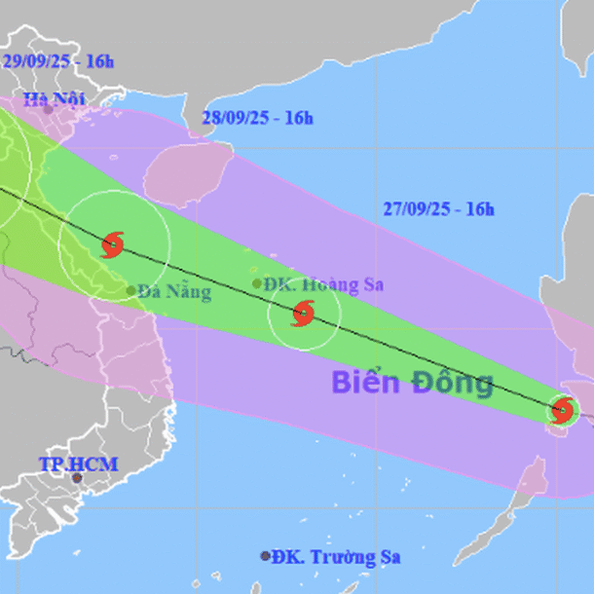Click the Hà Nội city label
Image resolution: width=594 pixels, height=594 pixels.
pyautogui.click(x=55, y=97)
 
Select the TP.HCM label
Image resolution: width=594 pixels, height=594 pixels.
pyautogui.click(x=78, y=464)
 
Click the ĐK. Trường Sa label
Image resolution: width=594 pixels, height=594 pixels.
pyautogui.click(x=336, y=557)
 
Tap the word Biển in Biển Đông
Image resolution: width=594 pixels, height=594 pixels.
pyautogui.click(x=367, y=382)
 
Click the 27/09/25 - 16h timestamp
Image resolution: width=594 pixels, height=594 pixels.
pyautogui.click(x=438, y=208)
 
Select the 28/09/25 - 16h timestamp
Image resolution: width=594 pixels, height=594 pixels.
pyautogui.click(x=257, y=118)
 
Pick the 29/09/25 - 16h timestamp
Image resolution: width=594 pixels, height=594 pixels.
pyautogui.click(x=58, y=60)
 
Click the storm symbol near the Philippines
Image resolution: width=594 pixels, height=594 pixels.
pyautogui.click(x=562, y=411)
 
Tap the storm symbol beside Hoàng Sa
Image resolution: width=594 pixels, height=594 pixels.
pyautogui.click(x=303, y=314)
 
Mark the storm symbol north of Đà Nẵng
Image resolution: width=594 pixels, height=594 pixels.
pyautogui.click(x=113, y=242)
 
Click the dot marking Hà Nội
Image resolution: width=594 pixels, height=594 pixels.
pyautogui.click(x=48, y=110)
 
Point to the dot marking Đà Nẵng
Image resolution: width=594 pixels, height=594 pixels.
pyautogui.click(x=130, y=289)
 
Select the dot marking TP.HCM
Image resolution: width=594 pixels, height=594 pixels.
pyautogui.click(x=78, y=478)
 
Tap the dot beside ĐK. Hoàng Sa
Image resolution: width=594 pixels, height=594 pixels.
pyautogui.click(x=257, y=283)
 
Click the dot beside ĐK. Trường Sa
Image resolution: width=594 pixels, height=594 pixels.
pyautogui.click(x=265, y=556)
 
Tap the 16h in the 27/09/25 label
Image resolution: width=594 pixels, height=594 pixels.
pyautogui.click(x=479, y=208)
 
